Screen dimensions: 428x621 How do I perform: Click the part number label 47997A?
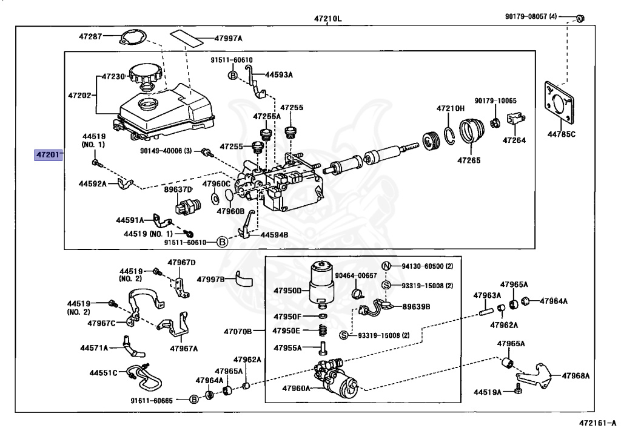(x=228, y=39)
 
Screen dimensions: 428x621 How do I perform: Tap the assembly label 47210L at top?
(x=327, y=19)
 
